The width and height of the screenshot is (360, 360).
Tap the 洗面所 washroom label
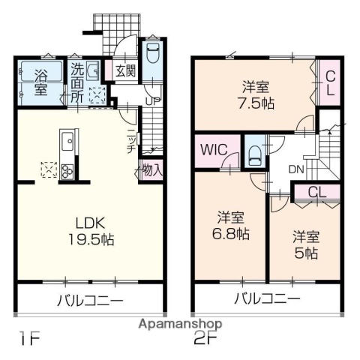tap(78, 81)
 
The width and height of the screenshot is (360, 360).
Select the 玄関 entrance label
tap(125, 72)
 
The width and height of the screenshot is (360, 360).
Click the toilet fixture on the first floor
tap(152, 53)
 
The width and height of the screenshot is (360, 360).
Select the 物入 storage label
tap(152, 170)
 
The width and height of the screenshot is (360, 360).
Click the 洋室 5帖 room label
tap(305, 244)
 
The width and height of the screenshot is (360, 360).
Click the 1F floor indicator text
tap(29, 339)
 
